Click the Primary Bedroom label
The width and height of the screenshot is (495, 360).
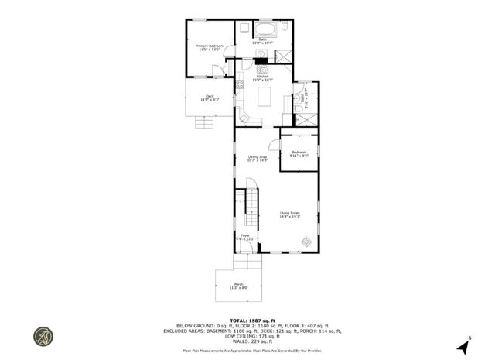[209, 49]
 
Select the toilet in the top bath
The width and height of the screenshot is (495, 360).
[284, 30]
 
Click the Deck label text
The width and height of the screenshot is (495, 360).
[210, 98]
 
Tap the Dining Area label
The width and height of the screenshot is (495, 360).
[257, 159]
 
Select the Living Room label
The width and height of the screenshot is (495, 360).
[289, 214]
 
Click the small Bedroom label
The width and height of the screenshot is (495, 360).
[299, 153]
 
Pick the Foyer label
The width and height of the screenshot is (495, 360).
[246, 237]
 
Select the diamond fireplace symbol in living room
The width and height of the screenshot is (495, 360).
[306, 242]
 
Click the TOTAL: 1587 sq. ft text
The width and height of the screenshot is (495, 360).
[247, 318]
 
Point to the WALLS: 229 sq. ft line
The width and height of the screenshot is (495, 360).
[247, 341]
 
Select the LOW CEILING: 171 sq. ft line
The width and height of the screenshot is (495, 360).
[247, 337]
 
